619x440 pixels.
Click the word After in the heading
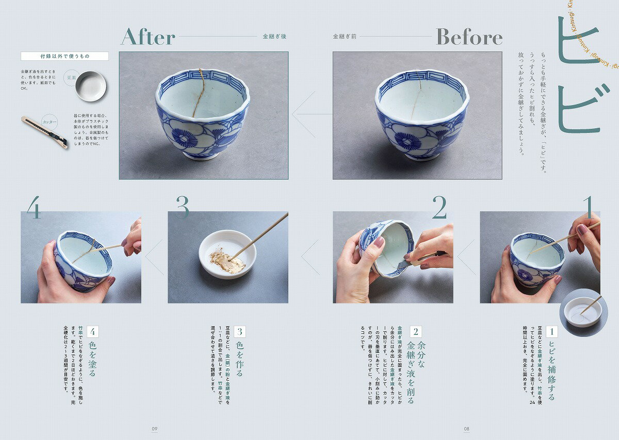(x=148, y=37)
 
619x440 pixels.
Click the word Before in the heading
(x=469, y=37)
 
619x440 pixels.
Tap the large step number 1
(x=588, y=207)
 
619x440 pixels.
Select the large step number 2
(x=439, y=207)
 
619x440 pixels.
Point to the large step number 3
(x=182, y=207)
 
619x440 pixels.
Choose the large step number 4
(x=34, y=207)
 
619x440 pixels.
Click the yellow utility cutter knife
(x=44, y=132)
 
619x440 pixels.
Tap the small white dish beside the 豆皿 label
(x=91, y=86)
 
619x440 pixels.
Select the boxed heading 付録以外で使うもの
(x=64, y=56)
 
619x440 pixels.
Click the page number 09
(x=154, y=428)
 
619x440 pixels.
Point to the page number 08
(x=466, y=428)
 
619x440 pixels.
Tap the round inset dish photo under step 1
(x=583, y=312)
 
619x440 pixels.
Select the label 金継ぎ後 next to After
(x=274, y=37)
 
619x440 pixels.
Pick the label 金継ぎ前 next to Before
(x=345, y=37)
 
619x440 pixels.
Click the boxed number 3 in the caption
(x=239, y=332)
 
